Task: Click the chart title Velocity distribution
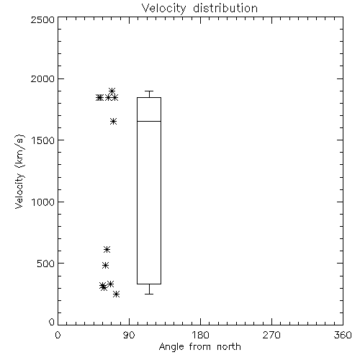(x=199, y=8)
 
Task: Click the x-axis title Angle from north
(x=199, y=346)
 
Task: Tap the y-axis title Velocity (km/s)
(x=19, y=171)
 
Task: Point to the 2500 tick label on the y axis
(x=42, y=19)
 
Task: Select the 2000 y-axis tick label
(x=42, y=79)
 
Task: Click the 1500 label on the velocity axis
(x=43, y=140)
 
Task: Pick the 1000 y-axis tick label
(x=43, y=202)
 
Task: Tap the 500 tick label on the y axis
(x=46, y=264)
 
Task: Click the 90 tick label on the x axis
(x=129, y=335)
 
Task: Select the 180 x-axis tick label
(x=200, y=335)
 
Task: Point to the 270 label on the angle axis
(x=271, y=335)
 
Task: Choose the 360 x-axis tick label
(x=343, y=335)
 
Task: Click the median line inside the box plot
(x=149, y=121)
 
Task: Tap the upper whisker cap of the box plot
(x=149, y=91)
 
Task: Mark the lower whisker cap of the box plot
(x=149, y=294)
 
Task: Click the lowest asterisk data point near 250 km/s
(x=116, y=294)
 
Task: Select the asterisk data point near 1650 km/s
(x=114, y=121)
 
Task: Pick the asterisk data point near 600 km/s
(x=107, y=250)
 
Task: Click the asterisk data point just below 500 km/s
(x=105, y=265)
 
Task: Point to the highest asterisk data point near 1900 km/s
(x=112, y=91)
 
